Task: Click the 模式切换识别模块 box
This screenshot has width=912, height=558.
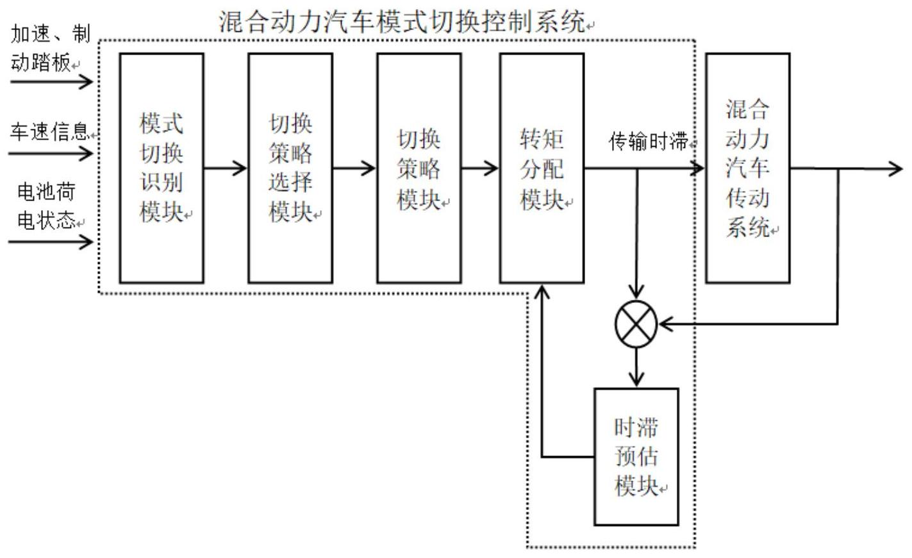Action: click(162, 168)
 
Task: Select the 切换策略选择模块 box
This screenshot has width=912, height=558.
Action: click(290, 168)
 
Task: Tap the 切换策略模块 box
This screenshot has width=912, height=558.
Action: click(419, 168)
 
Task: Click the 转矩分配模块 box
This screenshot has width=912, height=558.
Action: click(542, 168)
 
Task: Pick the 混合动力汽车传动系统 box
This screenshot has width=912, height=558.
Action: click(747, 168)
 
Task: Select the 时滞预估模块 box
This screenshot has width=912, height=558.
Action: click(636, 457)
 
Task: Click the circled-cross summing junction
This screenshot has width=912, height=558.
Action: click(636, 324)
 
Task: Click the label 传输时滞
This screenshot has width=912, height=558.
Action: click(649, 140)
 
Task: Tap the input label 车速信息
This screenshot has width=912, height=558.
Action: click(49, 131)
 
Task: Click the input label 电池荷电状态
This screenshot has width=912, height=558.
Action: click(46, 205)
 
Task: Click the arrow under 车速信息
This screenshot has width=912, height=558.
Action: click(51, 154)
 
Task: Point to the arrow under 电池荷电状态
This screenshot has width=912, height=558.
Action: click(51, 242)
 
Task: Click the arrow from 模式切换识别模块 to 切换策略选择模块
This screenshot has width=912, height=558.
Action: click(226, 168)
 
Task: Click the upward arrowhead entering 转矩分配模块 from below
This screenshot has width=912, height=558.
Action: click(542, 292)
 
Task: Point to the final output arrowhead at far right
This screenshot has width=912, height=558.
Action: click(895, 168)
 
